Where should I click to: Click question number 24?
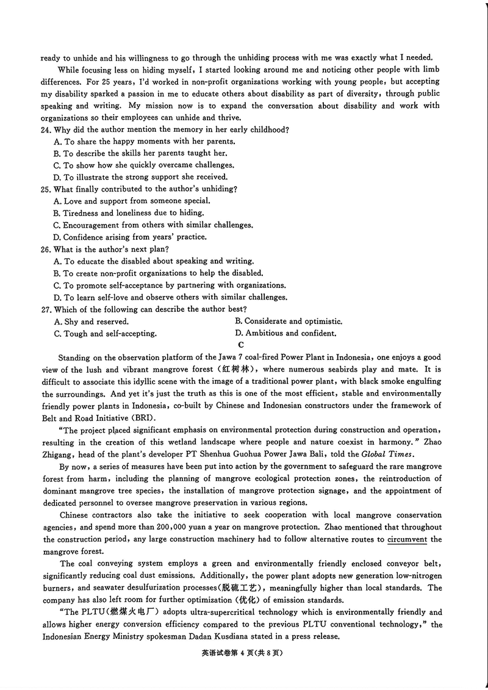46,129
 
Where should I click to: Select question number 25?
46,189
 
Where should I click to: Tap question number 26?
46,249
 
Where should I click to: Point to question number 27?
46,309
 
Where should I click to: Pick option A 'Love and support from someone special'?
132,201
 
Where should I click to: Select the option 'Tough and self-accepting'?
106,334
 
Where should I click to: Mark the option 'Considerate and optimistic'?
289,321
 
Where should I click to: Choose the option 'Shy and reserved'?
91,322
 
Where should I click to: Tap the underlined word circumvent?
408,539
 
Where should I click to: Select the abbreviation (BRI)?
139,418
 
